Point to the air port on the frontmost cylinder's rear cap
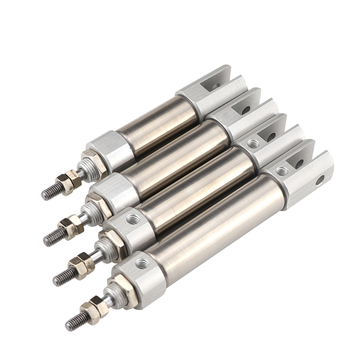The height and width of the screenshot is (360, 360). pyautogui.click(x=282, y=171)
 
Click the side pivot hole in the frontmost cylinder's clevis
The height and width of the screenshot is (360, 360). pyautogui.click(x=319, y=180)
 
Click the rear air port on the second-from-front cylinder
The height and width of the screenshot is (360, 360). pyautogui.click(x=253, y=144)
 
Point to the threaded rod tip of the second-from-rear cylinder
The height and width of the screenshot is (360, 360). pyautogui.click(x=53, y=235)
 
